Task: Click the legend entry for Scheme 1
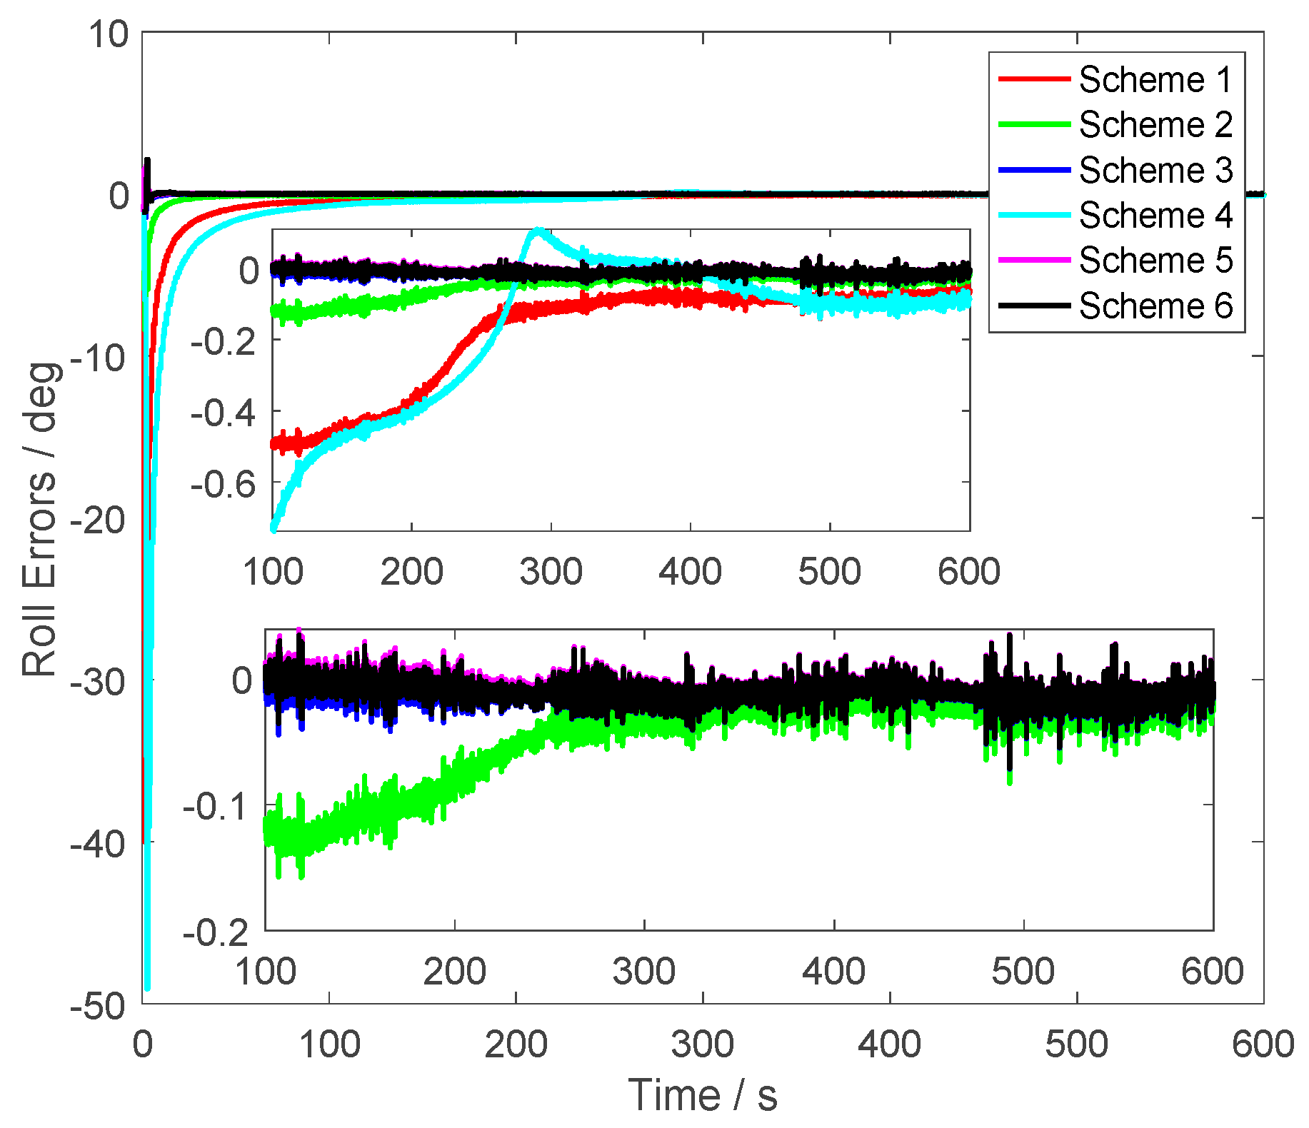[1155, 79]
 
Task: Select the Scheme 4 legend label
[1155, 215]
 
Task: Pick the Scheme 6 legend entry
[1155, 306]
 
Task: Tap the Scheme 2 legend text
[1155, 125]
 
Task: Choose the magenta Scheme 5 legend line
[1033, 260]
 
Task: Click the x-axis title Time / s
[703, 1095]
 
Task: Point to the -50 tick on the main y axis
[99, 1004]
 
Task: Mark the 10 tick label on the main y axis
[108, 34]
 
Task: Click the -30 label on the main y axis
[99, 681]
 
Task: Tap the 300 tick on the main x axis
[703, 1044]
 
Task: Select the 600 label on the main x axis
[1263, 1044]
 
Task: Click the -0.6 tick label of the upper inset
[223, 484]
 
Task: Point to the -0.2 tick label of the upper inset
[223, 342]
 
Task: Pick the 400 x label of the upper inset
[690, 572]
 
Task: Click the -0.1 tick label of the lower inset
[215, 807]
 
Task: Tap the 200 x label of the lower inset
[454, 972]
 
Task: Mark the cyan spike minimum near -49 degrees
[147, 988]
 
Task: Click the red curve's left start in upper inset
[275, 443]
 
